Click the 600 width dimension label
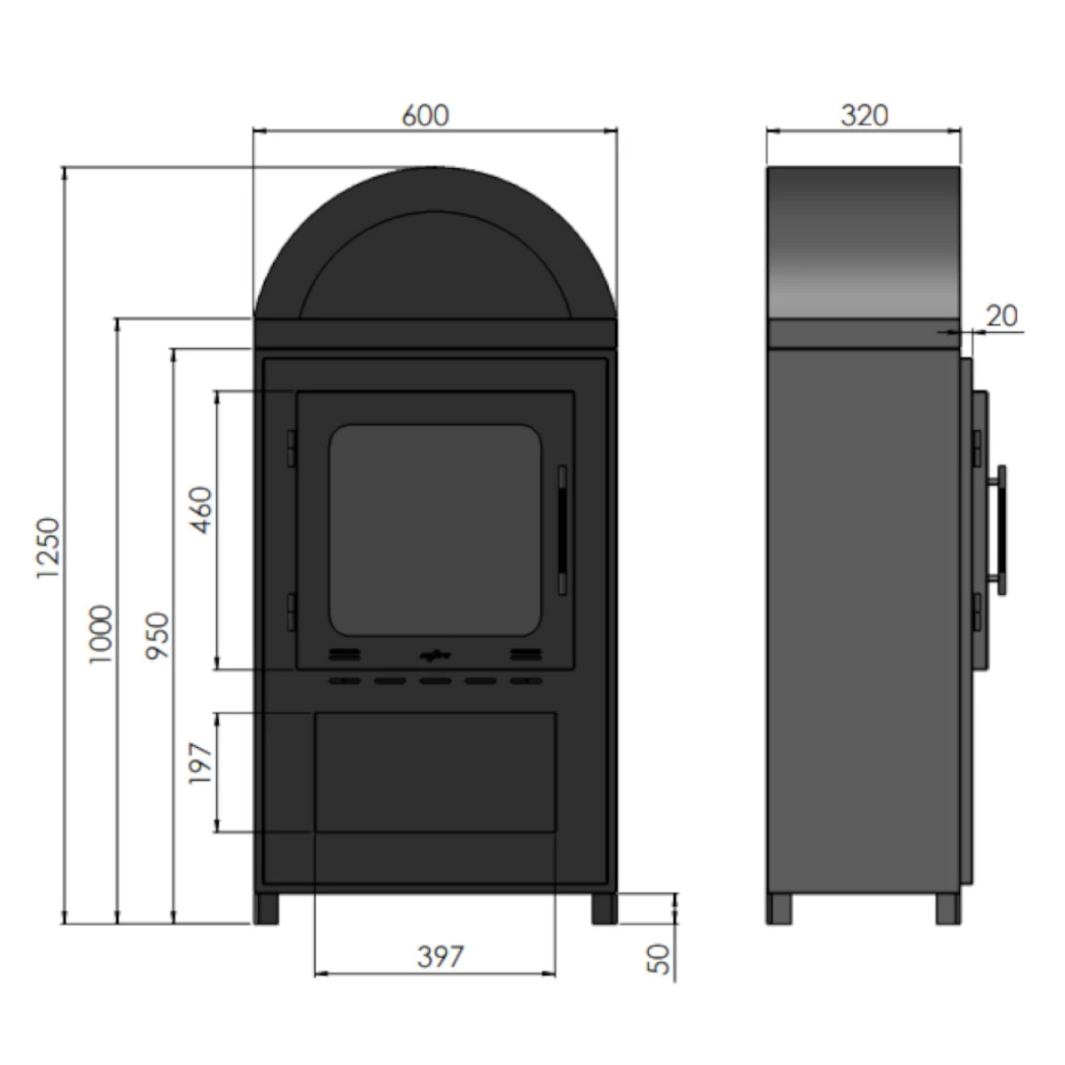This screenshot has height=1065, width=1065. (425, 116)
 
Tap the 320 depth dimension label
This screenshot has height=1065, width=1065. (864, 116)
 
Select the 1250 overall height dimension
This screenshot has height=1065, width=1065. (47, 547)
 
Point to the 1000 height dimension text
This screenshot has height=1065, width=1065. (101, 634)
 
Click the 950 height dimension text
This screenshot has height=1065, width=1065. (157, 636)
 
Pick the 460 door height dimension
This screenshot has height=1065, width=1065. (201, 510)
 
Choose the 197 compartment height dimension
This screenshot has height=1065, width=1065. (200, 763)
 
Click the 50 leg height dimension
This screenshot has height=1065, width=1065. (658, 958)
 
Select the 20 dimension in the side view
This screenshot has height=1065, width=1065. (1002, 317)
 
